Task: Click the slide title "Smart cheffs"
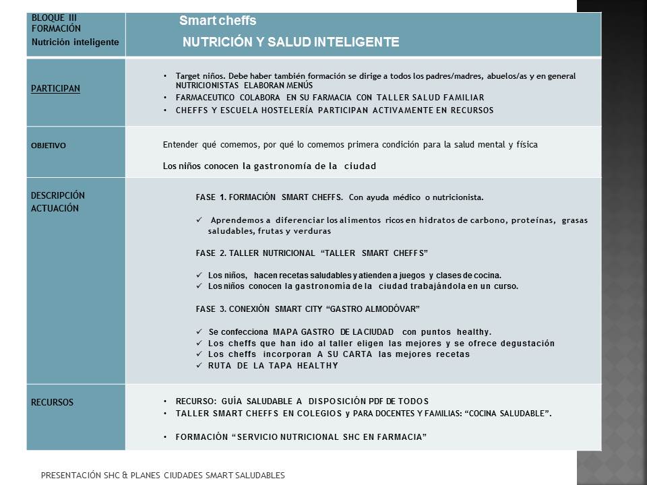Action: [x=218, y=21]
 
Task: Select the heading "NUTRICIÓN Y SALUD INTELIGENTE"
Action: [x=291, y=42]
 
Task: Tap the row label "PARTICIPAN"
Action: [x=55, y=88]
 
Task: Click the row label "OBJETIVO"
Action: [x=49, y=145]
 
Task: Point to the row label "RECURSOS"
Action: [x=52, y=402]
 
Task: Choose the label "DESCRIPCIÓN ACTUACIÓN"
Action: [x=58, y=201]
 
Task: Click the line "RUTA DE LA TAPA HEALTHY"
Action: [x=273, y=366]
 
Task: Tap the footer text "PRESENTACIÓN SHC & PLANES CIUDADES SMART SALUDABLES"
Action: [x=162, y=475]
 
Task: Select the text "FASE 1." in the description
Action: [x=210, y=197]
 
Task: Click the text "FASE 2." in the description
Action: [x=210, y=253]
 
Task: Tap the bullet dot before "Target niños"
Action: [x=166, y=76]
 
